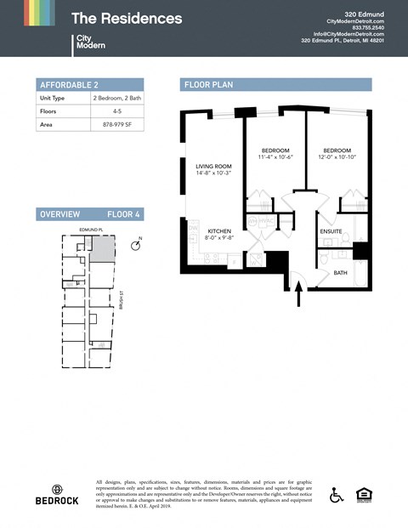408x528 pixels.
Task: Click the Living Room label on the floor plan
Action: [213, 169]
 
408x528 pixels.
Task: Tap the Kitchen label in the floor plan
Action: [220, 234]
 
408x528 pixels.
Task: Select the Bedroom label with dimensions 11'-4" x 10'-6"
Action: [275, 153]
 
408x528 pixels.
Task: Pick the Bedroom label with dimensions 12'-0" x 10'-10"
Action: [337, 153]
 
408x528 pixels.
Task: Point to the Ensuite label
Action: [331, 231]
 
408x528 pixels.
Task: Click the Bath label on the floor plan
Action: [340, 273]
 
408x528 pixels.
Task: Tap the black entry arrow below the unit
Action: [298, 294]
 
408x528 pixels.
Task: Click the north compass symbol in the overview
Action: [136, 246]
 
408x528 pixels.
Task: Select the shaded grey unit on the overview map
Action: [104, 248]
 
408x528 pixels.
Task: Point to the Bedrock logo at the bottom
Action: [57, 495]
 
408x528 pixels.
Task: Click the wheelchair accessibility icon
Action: [336, 495]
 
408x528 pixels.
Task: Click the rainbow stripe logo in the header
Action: [39, 13]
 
